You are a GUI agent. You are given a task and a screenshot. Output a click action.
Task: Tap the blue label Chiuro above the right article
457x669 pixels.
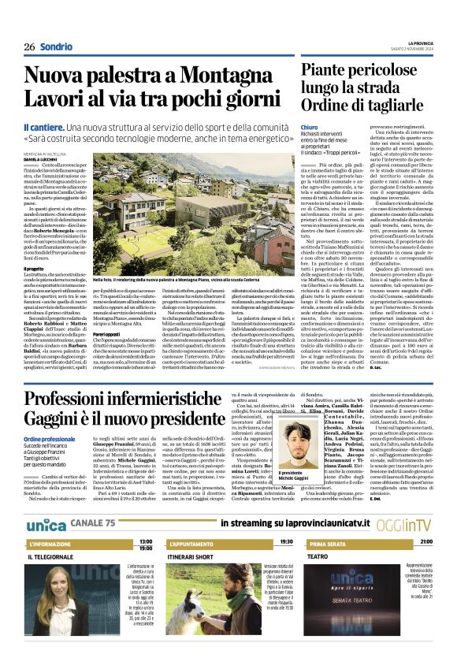(x=310, y=127)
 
